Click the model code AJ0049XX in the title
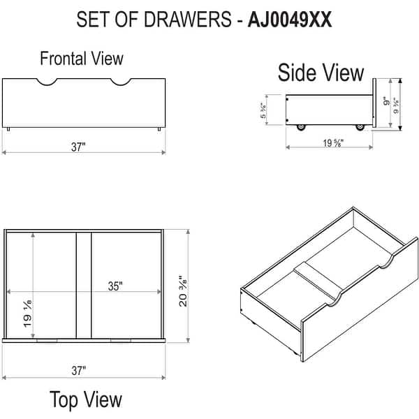tap(289, 20)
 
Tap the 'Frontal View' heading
tap(81, 58)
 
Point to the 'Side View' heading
tap(321, 73)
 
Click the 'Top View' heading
tap(85, 399)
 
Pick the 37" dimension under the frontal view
tap(78, 147)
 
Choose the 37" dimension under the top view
tap(78, 370)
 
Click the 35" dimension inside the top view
tap(115, 286)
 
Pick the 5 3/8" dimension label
tap(263, 111)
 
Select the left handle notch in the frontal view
tap(47, 83)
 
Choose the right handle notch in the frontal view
tap(119, 83)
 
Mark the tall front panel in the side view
tap(374, 104)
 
